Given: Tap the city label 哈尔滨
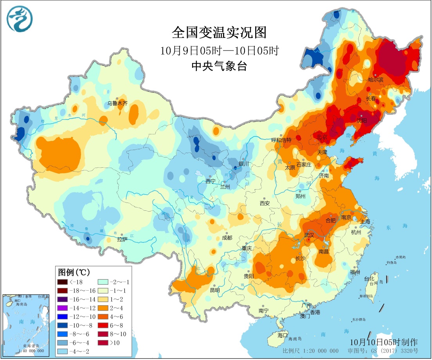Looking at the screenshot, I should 376,80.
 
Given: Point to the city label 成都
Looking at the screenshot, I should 227,238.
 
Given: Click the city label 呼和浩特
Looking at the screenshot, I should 282,140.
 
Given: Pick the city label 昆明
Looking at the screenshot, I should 215,290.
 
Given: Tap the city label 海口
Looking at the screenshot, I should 283,335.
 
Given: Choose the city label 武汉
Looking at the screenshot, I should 309,235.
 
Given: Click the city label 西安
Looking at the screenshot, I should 265,203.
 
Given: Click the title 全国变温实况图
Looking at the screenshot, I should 219,33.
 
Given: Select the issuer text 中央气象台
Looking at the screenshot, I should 219,66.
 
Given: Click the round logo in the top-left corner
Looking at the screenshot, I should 20,19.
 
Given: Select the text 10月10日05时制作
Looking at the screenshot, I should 384,342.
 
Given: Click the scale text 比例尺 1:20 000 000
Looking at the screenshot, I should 311,351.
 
